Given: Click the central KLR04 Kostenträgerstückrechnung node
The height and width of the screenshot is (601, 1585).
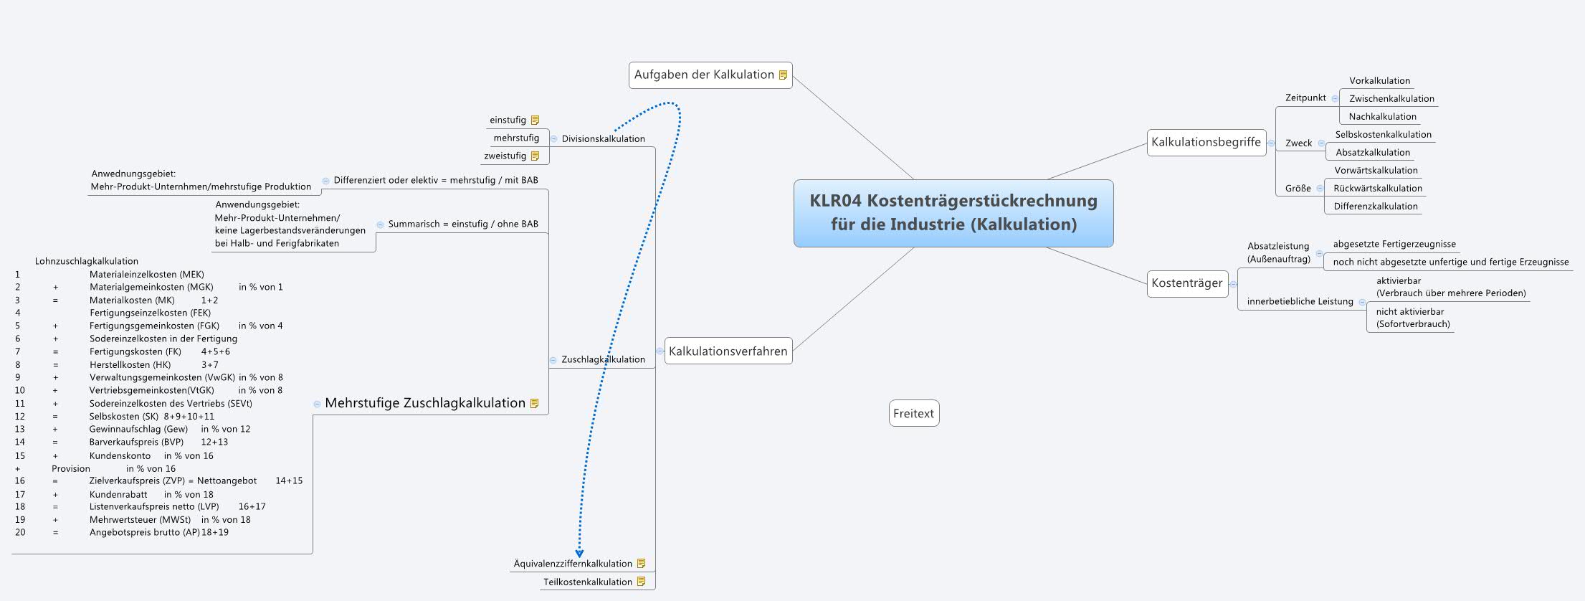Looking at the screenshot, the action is (953, 212).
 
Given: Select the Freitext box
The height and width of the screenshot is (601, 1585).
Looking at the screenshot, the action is (913, 413).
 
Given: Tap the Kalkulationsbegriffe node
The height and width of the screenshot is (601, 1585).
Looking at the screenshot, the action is (1205, 142).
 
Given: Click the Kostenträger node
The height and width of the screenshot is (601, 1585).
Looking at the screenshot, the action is (1186, 283).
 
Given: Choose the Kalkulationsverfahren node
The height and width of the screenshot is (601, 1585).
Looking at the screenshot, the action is (728, 351).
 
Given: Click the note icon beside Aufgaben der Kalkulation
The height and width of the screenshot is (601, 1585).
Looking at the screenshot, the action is (783, 75).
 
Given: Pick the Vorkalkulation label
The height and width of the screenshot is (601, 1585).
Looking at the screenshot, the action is (1379, 81).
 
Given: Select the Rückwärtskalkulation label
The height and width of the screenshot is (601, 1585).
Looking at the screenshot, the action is (1377, 189).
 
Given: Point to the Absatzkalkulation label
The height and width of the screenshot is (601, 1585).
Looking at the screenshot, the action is (1372, 153).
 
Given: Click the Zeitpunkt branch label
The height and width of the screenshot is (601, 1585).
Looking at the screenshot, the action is (1305, 98).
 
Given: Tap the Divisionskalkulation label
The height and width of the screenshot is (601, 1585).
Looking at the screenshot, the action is (603, 139).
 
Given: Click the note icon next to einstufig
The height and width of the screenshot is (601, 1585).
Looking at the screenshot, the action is (535, 120).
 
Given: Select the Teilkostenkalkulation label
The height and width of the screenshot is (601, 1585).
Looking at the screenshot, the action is (587, 582).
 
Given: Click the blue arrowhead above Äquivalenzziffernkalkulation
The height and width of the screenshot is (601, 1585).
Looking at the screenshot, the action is (579, 553).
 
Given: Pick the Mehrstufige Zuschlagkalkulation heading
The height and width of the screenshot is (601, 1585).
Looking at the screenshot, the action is (425, 403).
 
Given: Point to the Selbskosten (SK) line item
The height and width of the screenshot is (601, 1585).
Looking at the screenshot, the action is (123, 417).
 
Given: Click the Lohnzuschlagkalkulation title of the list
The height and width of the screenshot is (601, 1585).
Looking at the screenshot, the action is (86, 262).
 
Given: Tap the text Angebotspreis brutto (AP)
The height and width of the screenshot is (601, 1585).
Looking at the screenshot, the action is (144, 533).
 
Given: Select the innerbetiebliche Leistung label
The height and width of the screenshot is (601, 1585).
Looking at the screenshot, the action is (1300, 302).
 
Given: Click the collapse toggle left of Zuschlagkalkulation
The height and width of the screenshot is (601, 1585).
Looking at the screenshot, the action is (553, 360).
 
